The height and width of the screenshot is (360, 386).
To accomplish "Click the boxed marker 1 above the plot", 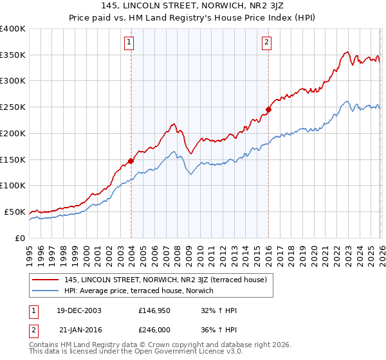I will pyautogui.click(x=129, y=43).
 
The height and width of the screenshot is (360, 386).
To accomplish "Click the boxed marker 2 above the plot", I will pyautogui.click(x=266, y=43).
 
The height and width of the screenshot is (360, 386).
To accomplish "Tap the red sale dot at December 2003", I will pyautogui.click(x=131, y=161).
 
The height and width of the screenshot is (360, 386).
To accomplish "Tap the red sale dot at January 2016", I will pyautogui.click(x=268, y=109).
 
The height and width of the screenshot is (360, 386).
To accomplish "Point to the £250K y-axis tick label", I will pyautogui.click(x=12, y=107).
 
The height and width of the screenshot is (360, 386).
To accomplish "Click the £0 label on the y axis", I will pyautogui.click(x=19, y=238).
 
